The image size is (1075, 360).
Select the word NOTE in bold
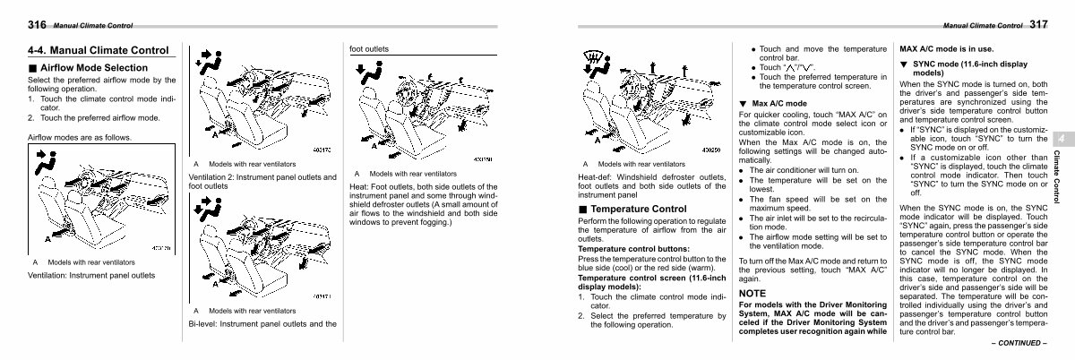click(752, 293)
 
